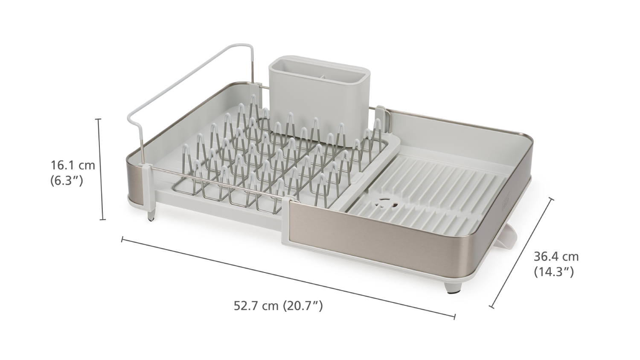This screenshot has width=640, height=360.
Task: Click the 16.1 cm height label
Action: click(x=73, y=165)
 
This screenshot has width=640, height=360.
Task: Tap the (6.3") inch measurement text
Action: click(x=67, y=180)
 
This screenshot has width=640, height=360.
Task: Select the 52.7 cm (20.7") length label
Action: click(x=278, y=306)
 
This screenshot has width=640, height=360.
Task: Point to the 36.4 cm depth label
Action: click(x=556, y=257)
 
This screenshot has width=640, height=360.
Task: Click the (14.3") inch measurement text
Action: click(x=554, y=272)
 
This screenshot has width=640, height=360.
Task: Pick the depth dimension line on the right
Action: click(x=521, y=253)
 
